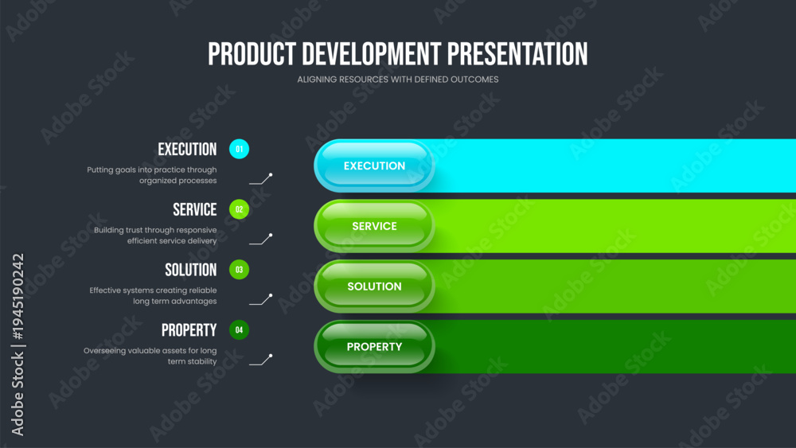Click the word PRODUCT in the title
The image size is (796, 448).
click(x=252, y=54)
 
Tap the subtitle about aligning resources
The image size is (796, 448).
click(x=398, y=80)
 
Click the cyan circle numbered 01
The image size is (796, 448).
click(x=239, y=149)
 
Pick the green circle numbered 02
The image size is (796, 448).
click(x=239, y=209)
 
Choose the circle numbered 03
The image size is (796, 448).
click(x=239, y=270)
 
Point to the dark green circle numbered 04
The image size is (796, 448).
click(x=239, y=329)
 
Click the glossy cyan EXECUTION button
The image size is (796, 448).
click(x=374, y=166)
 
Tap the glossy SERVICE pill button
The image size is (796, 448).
click(x=374, y=226)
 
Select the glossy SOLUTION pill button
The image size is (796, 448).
click(x=374, y=286)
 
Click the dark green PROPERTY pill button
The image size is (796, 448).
click(x=374, y=346)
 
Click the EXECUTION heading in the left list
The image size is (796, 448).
click(x=187, y=149)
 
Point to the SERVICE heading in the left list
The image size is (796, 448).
click(x=195, y=209)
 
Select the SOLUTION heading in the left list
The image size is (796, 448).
click(x=191, y=270)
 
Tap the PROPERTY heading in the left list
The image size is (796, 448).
click(x=189, y=330)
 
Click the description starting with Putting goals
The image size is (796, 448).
click(x=152, y=175)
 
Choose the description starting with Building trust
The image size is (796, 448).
click(x=155, y=236)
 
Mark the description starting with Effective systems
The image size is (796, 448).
click(x=154, y=296)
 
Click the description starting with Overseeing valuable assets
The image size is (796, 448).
click(x=150, y=356)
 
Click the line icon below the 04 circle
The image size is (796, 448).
click(x=261, y=360)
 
